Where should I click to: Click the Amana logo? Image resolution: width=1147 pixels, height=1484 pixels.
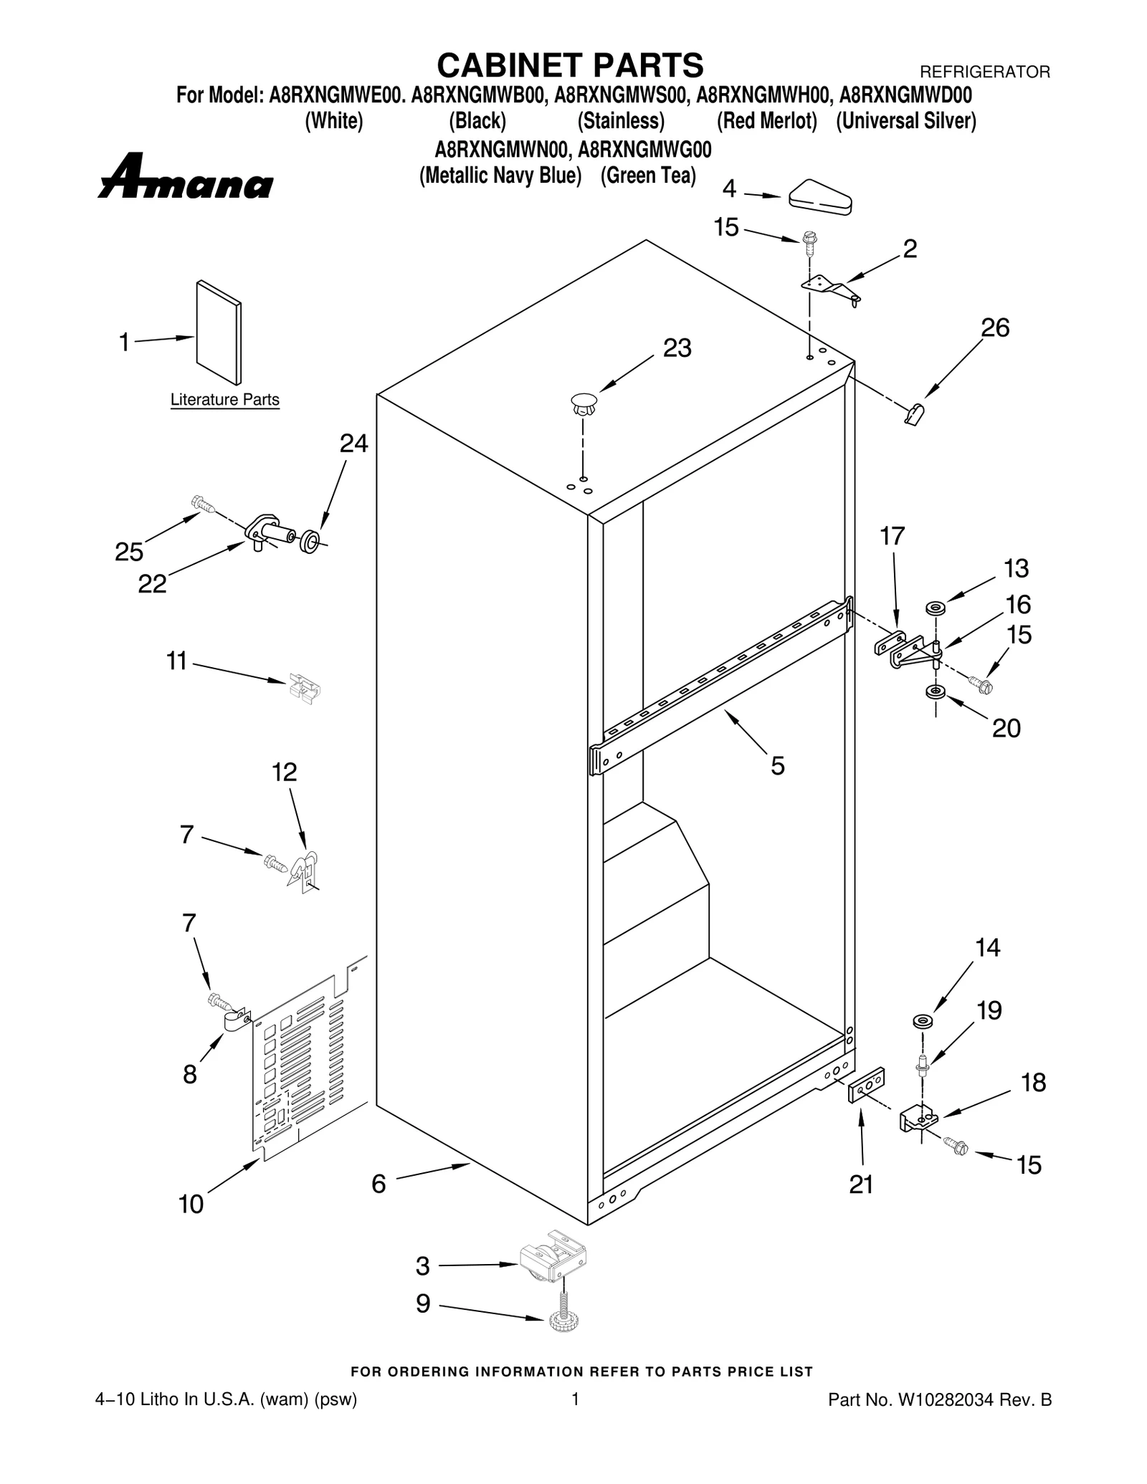[x=185, y=177]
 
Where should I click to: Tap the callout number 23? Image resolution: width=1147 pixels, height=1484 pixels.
[x=677, y=348]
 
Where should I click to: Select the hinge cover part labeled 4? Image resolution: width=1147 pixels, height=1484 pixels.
[x=820, y=196]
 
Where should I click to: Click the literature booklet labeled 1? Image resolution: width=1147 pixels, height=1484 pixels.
[x=219, y=332]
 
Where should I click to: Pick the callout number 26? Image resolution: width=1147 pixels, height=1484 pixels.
[x=995, y=328]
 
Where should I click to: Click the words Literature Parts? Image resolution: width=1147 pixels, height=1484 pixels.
[x=224, y=400]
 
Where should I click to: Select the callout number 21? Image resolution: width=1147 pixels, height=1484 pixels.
[x=861, y=1185]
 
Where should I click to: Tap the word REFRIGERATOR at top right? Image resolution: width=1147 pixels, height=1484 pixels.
[x=984, y=72]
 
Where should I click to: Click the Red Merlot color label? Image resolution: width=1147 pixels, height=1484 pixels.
[x=766, y=121]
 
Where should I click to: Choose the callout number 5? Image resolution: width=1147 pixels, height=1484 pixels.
[x=777, y=767]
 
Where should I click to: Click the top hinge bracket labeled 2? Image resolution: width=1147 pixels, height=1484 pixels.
[x=830, y=288]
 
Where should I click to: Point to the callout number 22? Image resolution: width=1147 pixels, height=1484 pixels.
[x=152, y=584]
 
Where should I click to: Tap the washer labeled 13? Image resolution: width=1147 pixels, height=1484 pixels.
[x=935, y=608]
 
